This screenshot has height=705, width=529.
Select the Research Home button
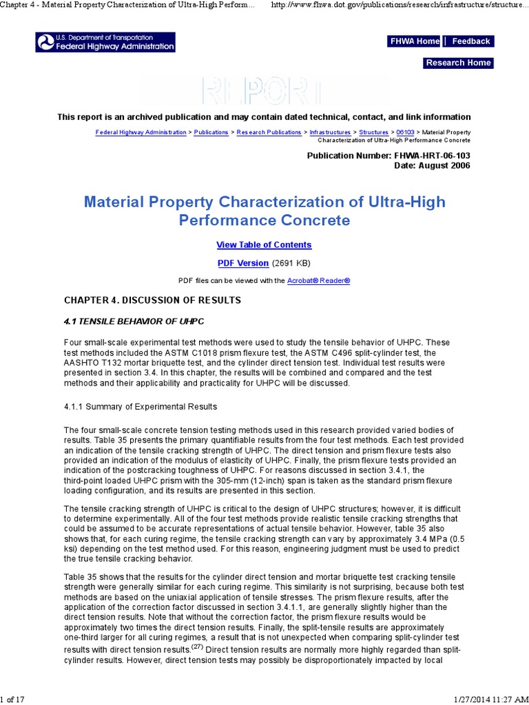pyautogui.click(x=458, y=63)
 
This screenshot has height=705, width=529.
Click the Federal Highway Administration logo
pyautogui.click(x=105, y=42)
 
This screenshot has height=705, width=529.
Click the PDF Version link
pyautogui.click(x=242, y=263)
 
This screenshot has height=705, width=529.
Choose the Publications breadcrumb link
pyautogui.click(x=211, y=132)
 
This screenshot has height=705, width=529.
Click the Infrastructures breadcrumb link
pyautogui.click(x=330, y=132)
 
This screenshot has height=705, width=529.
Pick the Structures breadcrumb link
pyautogui.click(x=374, y=132)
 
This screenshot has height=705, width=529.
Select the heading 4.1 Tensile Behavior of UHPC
pyautogui.click(x=134, y=322)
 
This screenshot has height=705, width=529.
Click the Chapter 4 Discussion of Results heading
pyautogui.click(x=152, y=300)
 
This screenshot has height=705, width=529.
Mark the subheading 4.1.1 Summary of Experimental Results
pyautogui.click(x=141, y=407)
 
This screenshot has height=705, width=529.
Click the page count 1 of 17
pyautogui.click(x=13, y=699)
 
